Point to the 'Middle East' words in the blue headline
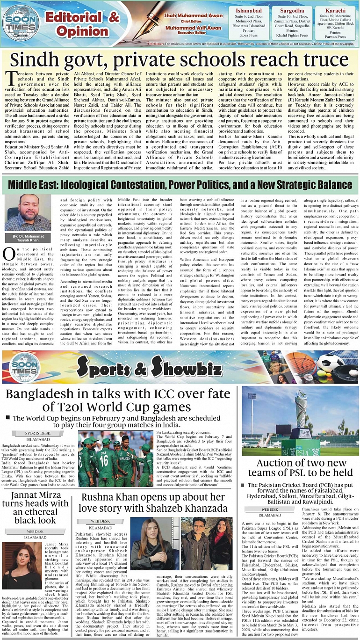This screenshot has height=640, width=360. click(x=36, y=184)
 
